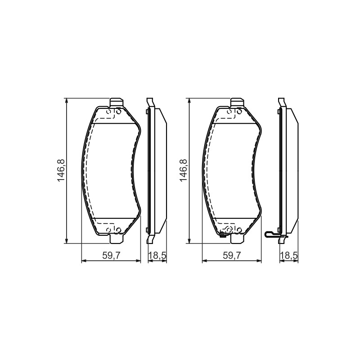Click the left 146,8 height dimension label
coord(61,171)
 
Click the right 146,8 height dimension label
coord(184,171)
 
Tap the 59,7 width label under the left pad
coord(111,256)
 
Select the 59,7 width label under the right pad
coord(232,256)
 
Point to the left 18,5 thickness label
coord(157,256)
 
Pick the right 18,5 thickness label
coord(289,256)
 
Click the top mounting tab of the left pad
coord(117,103)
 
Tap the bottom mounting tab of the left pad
coord(117,239)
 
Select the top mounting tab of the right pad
coord(237,103)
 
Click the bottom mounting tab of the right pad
coord(237,239)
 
